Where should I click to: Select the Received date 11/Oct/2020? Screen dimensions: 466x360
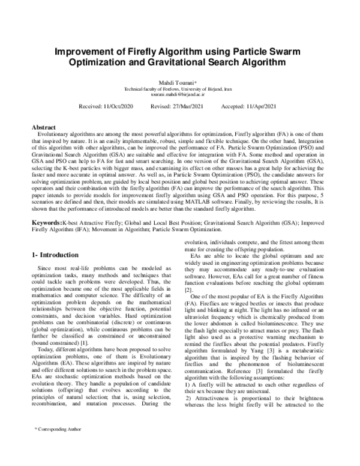coord(115,106)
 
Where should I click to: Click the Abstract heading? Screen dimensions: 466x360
coord(46,127)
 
